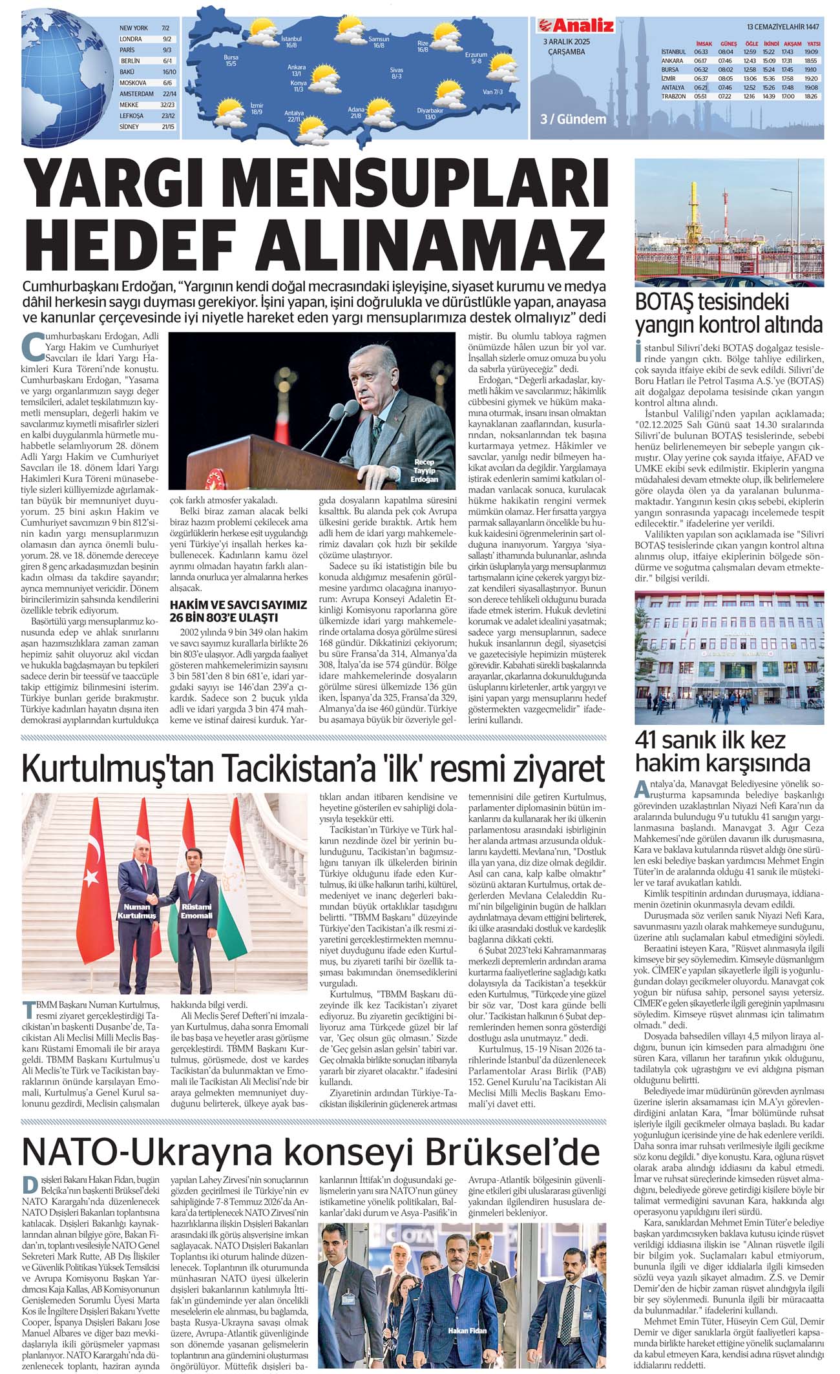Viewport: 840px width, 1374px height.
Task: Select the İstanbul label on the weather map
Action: pos(291,42)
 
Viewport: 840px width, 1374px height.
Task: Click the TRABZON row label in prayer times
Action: pos(673,96)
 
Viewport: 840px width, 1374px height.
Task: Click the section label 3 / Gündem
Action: pos(573,120)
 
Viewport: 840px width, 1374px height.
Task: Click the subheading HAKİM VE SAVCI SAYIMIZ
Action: pos(238,604)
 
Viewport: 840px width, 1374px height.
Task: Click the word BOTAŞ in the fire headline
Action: pos(671,302)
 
